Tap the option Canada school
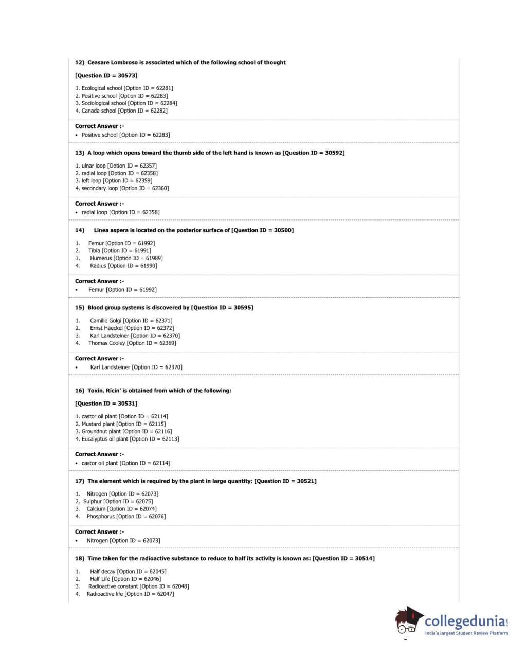pyautogui.click(x=99, y=111)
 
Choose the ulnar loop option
pyautogui.click(x=94, y=166)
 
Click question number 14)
pyautogui.click(x=80, y=230)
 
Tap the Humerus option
pyautogui.click(x=101, y=258)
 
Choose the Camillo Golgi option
pyautogui.click(x=106, y=321)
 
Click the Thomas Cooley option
pyautogui.click(x=106, y=343)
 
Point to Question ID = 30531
pyautogui.click(x=106, y=404)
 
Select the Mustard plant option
pyautogui.click(x=98, y=424)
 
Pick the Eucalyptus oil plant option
pyautogui.click(x=105, y=439)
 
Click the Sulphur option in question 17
pyautogui.click(x=93, y=502)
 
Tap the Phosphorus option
pyautogui.click(x=101, y=517)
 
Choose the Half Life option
pyautogui.click(x=100, y=579)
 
